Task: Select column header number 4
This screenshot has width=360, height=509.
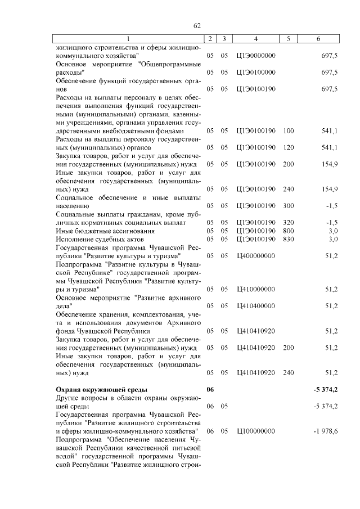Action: (x=256, y=39)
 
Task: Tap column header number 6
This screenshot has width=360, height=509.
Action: (x=318, y=39)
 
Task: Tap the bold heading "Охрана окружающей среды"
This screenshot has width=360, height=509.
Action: (x=101, y=389)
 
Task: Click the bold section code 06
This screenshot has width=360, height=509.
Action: (x=210, y=389)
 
